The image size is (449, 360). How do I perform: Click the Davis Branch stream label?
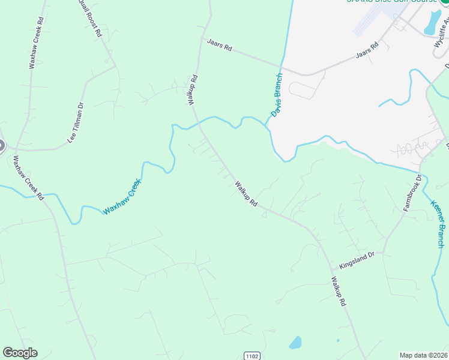tap(276, 95)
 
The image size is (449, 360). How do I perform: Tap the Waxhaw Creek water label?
tap(122, 197)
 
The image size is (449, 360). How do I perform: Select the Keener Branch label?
tap(438, 223)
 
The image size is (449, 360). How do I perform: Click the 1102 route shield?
tap(252, 356)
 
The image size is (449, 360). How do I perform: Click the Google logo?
tap(20, 353)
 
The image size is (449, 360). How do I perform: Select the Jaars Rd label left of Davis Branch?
tap(219, 45)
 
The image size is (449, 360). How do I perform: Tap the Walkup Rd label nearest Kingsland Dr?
tap(339, 292)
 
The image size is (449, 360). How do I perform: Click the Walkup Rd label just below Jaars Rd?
tap(193, 90)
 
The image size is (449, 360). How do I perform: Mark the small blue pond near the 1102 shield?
tap(295, 343)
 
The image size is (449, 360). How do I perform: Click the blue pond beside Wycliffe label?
tap(432, 22)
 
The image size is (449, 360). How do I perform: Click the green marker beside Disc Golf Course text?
tap(446, 2)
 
